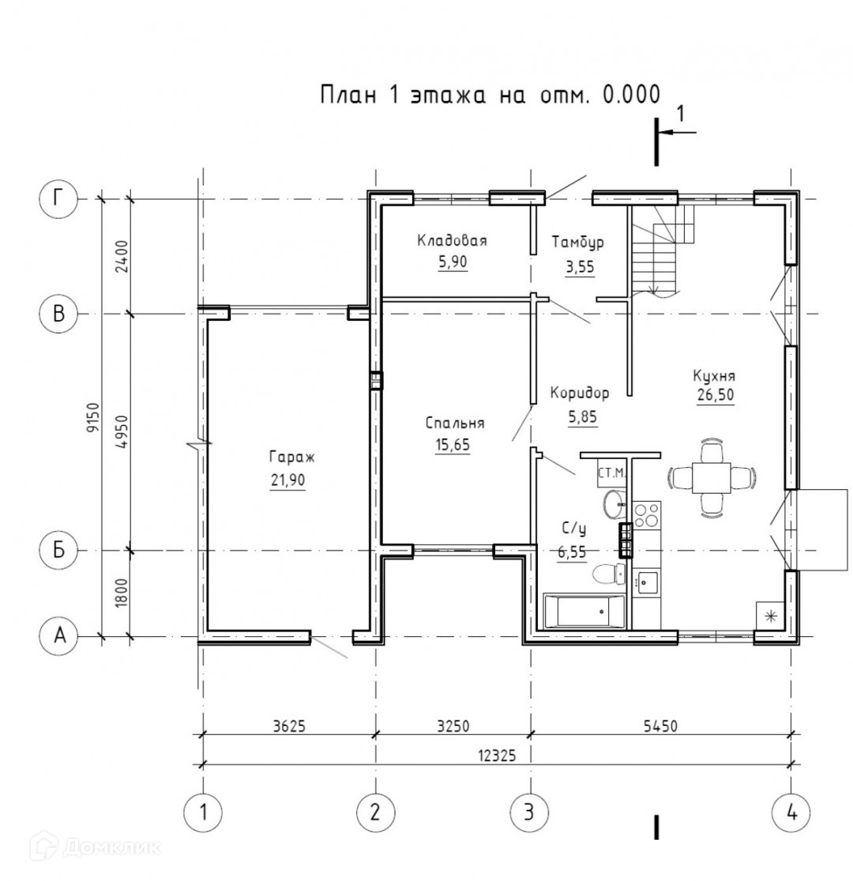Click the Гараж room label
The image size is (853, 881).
tap(292, 457)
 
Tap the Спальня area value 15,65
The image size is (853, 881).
tap(453, 445)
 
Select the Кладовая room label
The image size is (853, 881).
tap(452, 241)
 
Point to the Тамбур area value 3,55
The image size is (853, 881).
tap(580, 267)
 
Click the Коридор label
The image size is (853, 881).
tap(580, 393)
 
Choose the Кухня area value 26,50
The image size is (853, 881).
tap(716, 395)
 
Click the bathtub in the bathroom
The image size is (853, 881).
tap(584, 611)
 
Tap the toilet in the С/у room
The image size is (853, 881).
tap(609, 574)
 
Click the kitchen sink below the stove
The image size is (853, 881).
tap(647, 582)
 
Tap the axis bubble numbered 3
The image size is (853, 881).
tap(528, 812)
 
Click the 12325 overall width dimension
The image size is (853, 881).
tap(497, 755)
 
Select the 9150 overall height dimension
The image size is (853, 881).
tap(93, 417)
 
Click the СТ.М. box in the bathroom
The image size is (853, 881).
tap(611, 473)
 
